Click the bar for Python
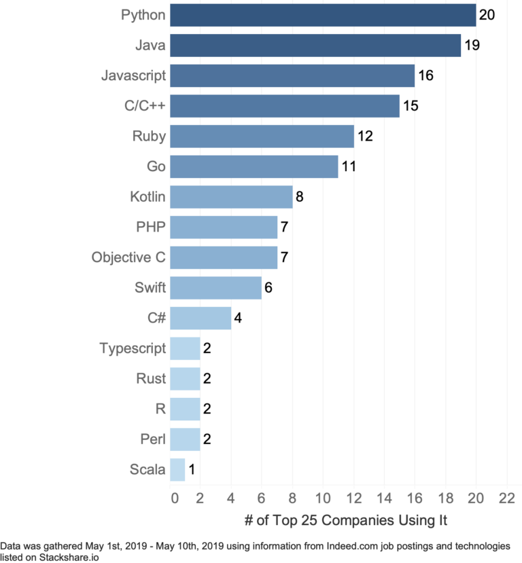click(323, 15)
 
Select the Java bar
click(315, 46)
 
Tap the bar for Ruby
click(262, 137)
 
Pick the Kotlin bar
click(231, 197)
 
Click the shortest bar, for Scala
click(177, 469)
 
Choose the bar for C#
click(201, 318)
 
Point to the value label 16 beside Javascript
click(425, 75)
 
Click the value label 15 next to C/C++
click(411, 106)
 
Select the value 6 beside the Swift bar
click(268, 288)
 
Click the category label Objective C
click(128, 257)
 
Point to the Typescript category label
click(133, 348)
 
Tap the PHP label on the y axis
click(151, 227)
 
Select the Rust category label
click(150, 378)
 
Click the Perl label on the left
click(152, 439)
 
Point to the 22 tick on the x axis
click(506, 498)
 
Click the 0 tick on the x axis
click(175, 498)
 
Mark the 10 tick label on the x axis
click(322, 498)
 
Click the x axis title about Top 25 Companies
click(345, 521)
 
